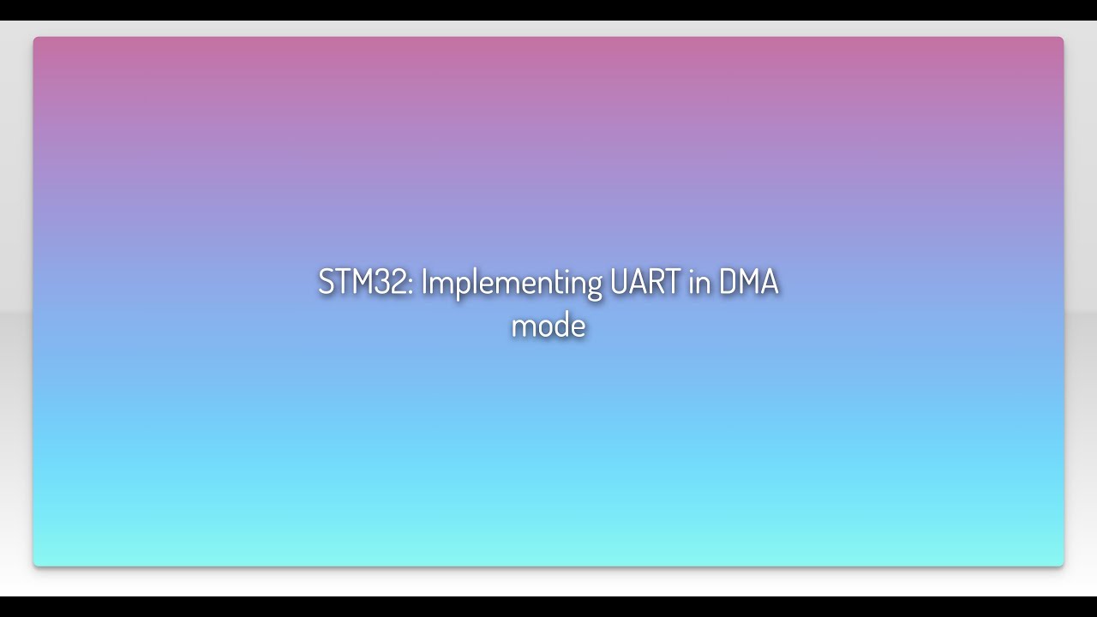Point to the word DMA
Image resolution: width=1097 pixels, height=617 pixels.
748,282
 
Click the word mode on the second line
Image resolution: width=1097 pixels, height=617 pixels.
548,326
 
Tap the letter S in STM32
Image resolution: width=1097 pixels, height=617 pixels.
326,282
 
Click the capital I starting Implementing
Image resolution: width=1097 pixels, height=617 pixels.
423,282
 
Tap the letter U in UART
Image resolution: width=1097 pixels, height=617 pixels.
619,282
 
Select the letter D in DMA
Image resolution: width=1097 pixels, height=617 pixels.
727,282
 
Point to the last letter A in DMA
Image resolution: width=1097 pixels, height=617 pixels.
769,282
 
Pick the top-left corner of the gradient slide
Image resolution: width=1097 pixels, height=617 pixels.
35,39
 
